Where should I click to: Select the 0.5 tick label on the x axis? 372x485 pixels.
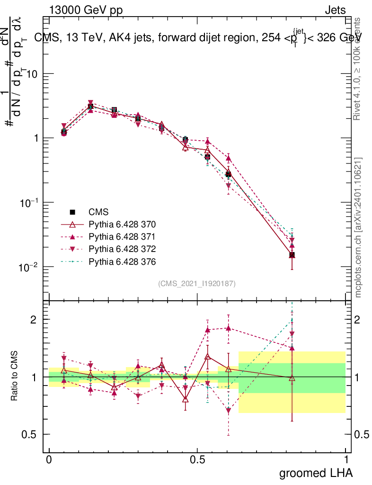coord(197,460)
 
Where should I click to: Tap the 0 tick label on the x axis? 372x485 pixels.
coord(49,460)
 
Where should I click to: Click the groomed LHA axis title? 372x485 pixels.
coord(316,473)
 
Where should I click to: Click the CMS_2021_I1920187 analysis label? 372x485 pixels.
coord(197,283)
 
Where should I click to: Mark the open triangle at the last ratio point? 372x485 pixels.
coord(292,378)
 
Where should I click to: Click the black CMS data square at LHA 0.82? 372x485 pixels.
coord(292,255)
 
